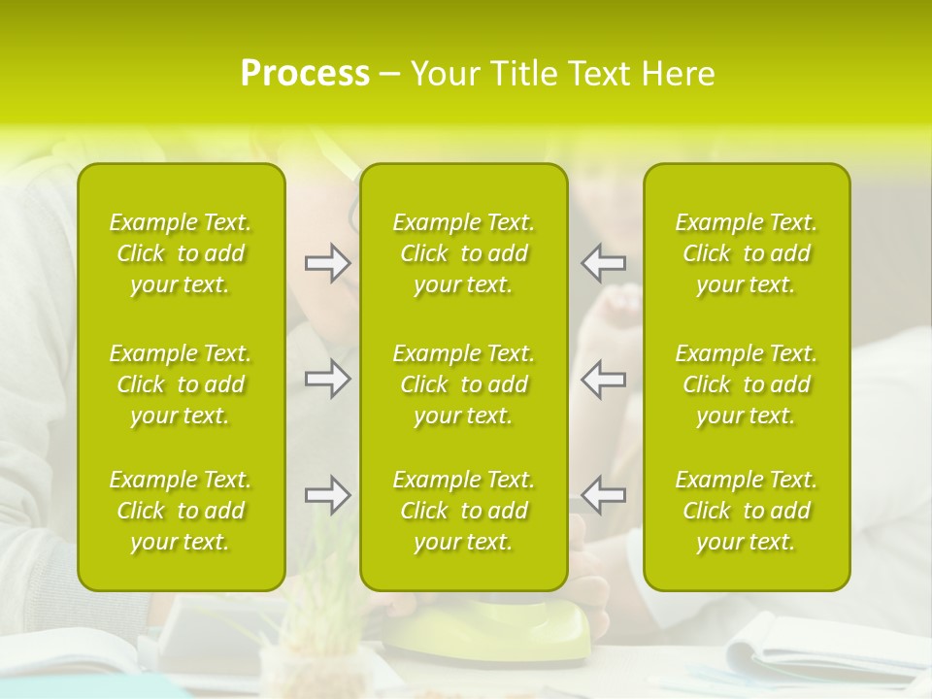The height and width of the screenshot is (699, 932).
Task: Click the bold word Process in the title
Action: (305, 74)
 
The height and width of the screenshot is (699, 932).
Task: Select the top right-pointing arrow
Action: (328, 262)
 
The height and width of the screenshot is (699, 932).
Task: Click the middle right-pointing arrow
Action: (328, 378)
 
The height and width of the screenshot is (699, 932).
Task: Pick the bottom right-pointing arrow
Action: (328, 495)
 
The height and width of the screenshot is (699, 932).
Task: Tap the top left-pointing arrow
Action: (603, 262)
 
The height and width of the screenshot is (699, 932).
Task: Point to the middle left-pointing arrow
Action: (603, 378)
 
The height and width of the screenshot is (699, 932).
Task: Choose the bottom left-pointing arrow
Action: (603, 495)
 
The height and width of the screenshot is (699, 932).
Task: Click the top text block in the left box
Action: (181, 253)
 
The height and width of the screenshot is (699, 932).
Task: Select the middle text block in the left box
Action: (181, 384)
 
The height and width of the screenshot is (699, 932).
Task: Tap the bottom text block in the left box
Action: (181, 511)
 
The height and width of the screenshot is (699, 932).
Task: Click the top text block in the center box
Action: (464, 253)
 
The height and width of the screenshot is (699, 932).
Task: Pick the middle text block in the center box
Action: (464, 384)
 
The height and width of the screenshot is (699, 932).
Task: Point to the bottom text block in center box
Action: (464, 511)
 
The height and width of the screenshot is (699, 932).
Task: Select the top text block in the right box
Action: (747, 253)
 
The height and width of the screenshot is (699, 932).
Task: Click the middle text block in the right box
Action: (747, 384)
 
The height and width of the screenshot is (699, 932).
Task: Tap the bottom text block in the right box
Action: (747, 511)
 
